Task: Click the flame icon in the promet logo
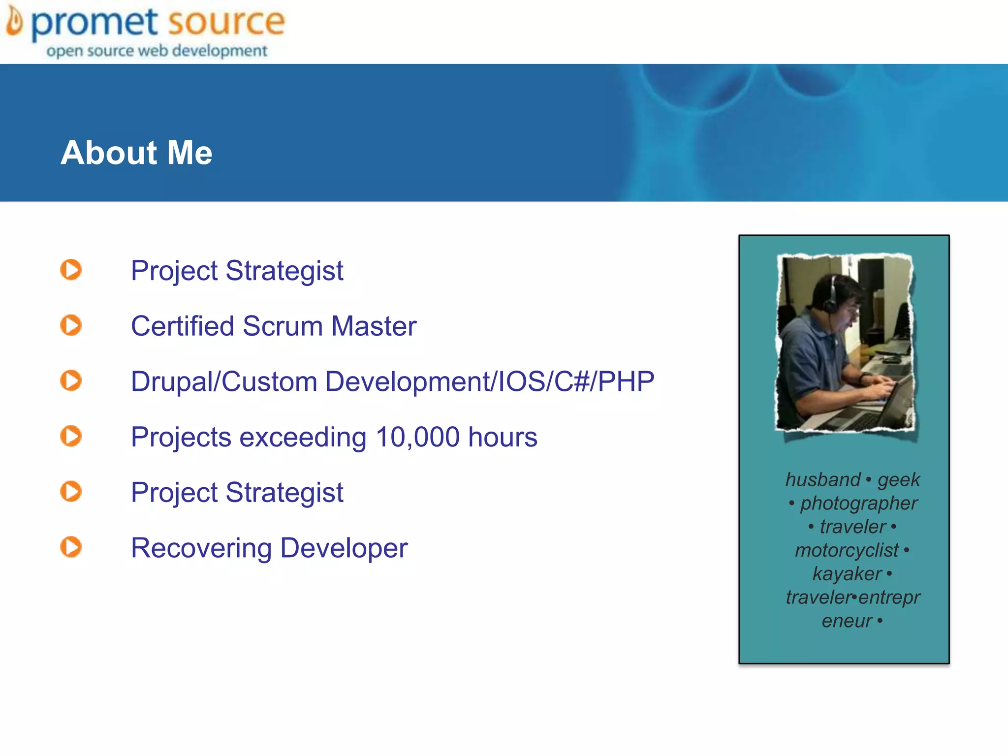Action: (15, 23)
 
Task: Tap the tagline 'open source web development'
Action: (157, 51)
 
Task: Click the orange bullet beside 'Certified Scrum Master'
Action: (71, 325)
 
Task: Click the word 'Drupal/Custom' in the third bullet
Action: (224, 382)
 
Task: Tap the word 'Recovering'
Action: (201, 548)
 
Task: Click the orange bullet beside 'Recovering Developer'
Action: (71, 547)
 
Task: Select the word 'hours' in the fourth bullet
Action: (503, 437)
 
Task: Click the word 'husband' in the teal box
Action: (823, 479)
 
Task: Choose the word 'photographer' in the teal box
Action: (858, 503)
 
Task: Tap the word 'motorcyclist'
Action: (847, 550)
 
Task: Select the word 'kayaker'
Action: (847, 574)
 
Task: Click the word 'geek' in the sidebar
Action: (899, 480)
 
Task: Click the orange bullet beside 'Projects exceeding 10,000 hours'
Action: (71, 436)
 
